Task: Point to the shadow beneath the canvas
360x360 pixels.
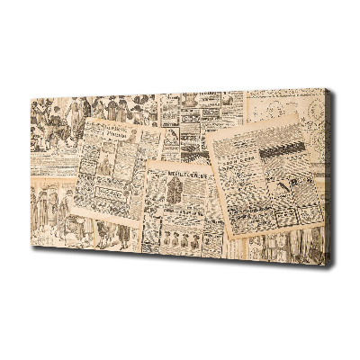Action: [x=180, y=266]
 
